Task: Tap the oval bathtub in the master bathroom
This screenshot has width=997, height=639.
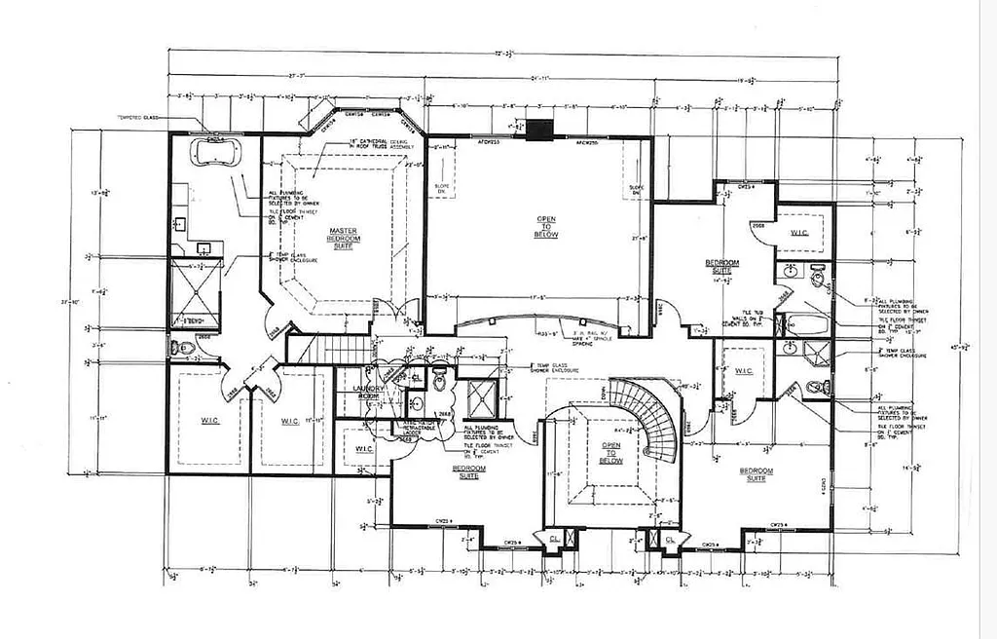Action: pos(215,152)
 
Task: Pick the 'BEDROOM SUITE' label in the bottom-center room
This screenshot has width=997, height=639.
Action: pos(470,471)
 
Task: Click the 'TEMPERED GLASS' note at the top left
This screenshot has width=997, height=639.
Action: pos(139,118)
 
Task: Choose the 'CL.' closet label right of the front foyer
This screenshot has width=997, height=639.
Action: pos(670,539)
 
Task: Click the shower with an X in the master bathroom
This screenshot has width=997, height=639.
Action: pos(194,290)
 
